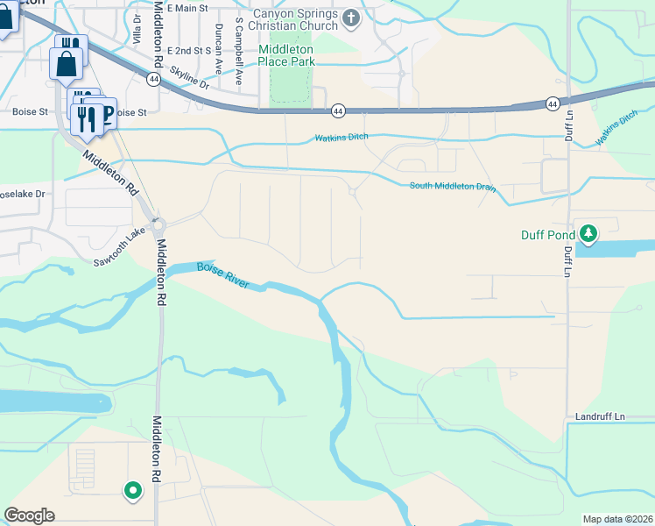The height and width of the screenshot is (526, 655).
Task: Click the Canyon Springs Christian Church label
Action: coord(295,19)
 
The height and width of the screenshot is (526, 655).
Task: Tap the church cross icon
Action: coord(351,18)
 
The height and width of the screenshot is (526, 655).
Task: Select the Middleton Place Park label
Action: coord(286,55)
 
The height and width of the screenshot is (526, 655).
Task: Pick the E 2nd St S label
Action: coord(190,51)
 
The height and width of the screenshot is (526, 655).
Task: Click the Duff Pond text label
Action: coord(549,234)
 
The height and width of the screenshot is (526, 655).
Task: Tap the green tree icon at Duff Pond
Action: coord(590,233)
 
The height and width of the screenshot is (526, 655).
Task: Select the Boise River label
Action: coord(223,275)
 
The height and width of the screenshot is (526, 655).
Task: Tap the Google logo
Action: coord(29,515)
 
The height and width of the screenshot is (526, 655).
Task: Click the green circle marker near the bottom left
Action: coord(132,491)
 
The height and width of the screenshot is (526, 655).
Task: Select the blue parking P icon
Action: coord(106,112)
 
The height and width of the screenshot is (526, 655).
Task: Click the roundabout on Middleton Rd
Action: coord(158,225)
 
